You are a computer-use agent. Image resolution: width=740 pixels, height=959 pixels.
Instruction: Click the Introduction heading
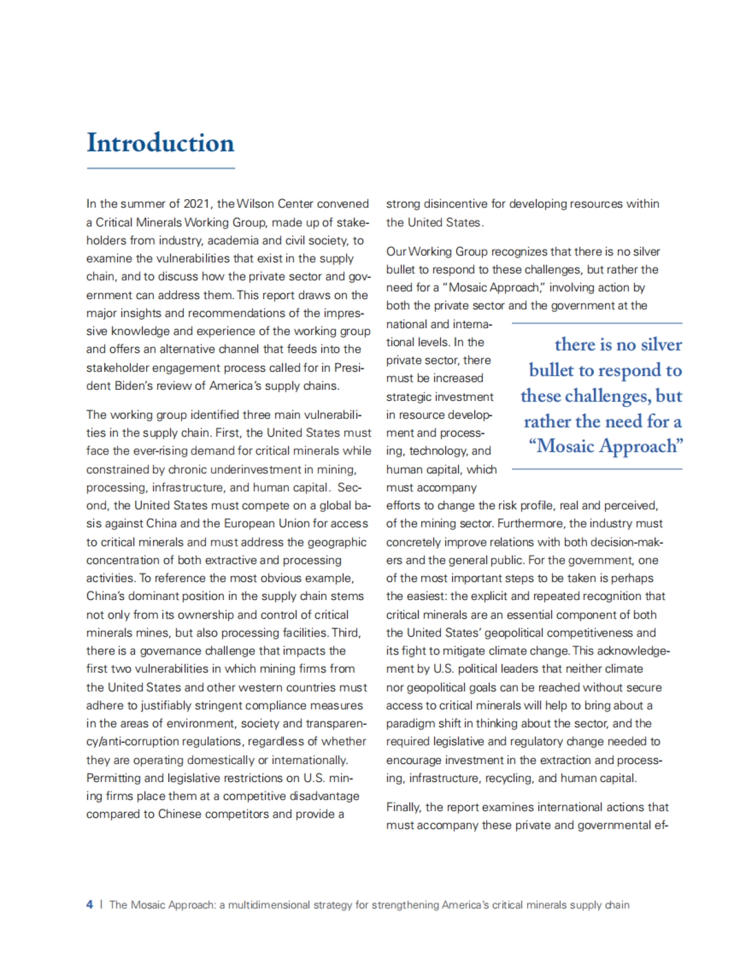[160, 143]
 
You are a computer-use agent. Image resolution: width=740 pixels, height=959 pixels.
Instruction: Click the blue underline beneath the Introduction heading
[160, 168]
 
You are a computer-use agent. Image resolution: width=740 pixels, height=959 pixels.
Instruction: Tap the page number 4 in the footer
[89, 905]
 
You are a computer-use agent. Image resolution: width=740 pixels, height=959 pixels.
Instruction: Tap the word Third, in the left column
[347, 633]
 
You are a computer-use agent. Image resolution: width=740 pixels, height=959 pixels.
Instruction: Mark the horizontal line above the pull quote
[597, 323]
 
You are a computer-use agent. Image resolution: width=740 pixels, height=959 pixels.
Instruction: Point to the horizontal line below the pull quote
[597, 469]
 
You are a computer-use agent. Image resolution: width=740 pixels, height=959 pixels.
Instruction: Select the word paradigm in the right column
[409, 723]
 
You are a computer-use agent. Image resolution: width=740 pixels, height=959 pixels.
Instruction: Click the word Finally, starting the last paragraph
[405, 807]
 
